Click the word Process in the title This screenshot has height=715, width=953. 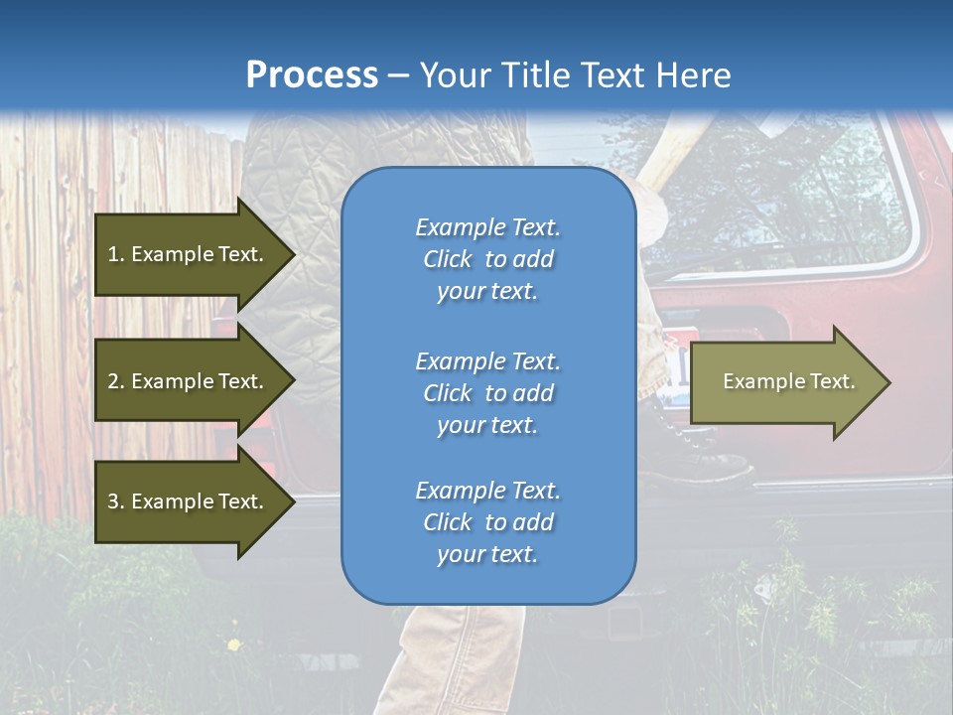coord(312,75)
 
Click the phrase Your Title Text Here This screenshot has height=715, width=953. coord(575,75)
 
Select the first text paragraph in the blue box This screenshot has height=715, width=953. coord(487,259)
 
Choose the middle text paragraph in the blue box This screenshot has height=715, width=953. coord(487,393)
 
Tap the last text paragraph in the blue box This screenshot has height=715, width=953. coord(487,522)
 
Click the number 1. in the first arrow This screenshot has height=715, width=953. coord(116,254)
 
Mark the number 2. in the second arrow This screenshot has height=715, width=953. coord(116,381)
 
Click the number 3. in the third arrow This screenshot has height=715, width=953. coord(116,501)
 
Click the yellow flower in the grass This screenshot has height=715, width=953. coord(233,645)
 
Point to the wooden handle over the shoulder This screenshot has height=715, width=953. coord(675,149)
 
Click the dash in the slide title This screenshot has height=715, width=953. coord(398,76)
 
